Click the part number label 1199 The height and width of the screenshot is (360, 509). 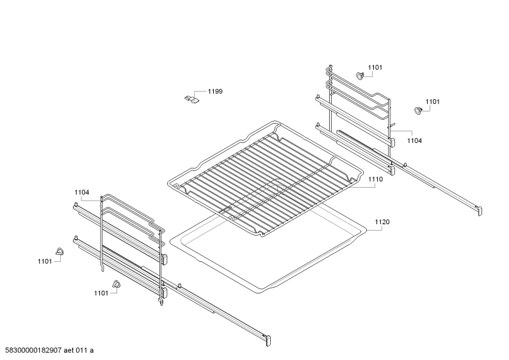point(215,92)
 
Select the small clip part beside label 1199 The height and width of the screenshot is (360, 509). point(191,99)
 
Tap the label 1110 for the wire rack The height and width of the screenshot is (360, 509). point(375,179)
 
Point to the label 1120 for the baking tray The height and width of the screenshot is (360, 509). point(382,222)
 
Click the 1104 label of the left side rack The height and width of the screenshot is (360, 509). point(81,192)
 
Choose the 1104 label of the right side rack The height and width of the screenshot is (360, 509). point(414,141)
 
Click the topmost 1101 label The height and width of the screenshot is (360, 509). point(375,68)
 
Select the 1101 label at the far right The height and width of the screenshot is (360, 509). point(432,102)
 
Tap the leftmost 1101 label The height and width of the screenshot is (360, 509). point(45,261)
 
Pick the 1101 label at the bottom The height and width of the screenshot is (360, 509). point(101,293)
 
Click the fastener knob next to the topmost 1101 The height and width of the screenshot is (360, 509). point(360,76)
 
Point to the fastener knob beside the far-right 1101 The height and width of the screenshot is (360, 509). point(418,110)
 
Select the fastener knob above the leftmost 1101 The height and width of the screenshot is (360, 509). point(60,251)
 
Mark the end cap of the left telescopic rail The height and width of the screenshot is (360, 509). point(268,341)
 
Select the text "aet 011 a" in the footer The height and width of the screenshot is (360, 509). point(79,350)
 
